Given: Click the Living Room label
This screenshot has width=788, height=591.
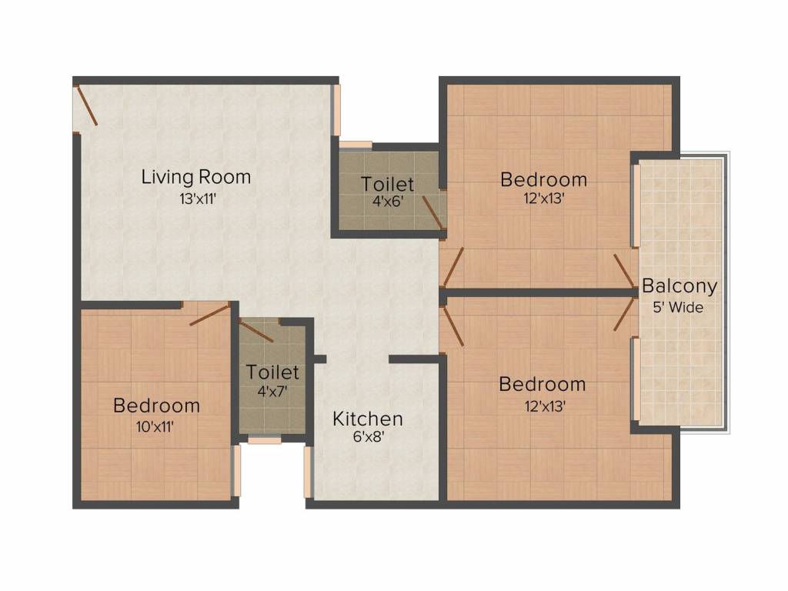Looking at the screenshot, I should (196, 177).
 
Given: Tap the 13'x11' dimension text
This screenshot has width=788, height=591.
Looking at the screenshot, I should (196, 199).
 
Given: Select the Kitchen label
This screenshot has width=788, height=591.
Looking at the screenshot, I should (368, 419).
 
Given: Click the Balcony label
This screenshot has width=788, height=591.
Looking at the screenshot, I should (679, 287).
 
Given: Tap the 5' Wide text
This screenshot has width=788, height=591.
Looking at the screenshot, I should (679, 306).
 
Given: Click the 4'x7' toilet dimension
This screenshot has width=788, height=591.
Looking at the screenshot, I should (272, 390).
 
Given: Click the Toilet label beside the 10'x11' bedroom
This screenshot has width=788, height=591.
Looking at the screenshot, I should (272, 372).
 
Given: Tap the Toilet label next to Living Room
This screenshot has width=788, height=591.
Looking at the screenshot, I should (388, 185).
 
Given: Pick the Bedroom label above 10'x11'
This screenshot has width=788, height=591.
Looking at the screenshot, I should (156, 406).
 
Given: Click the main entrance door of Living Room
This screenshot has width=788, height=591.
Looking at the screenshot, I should (86, 106).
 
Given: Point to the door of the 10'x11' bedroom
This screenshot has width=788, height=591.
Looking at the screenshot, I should (209, 314).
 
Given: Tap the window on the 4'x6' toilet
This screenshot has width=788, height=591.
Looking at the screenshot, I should (356, 145).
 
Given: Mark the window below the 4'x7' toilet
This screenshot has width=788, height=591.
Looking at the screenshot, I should (264, 441).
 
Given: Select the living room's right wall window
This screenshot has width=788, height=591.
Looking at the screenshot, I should (336, 110).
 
